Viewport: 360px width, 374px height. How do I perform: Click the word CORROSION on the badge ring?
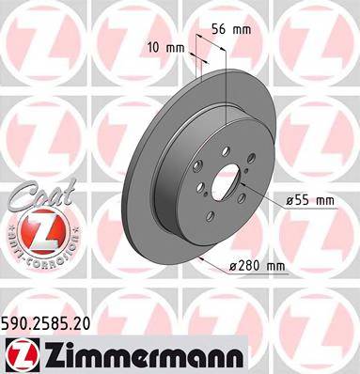coord(39,256)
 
